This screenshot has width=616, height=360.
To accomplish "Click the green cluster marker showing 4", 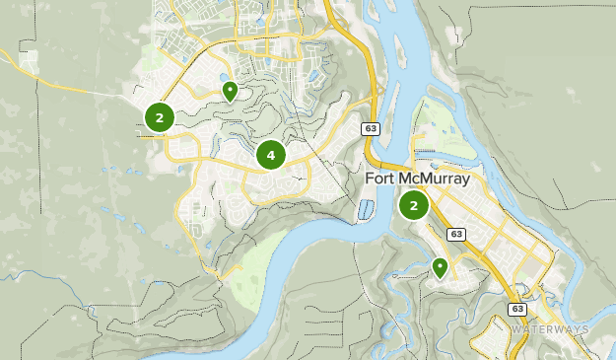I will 270,155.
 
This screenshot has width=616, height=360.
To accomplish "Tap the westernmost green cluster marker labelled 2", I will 159,118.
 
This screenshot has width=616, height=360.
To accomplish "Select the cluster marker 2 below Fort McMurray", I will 413,206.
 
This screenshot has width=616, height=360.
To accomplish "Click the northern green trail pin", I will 230,92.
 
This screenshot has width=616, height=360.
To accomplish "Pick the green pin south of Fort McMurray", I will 440,266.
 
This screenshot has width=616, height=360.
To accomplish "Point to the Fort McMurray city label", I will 418,180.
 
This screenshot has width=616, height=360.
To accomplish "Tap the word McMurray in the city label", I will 435,180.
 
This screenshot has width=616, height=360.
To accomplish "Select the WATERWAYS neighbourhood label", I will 550,328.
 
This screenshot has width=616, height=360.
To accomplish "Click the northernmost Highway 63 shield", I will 370,128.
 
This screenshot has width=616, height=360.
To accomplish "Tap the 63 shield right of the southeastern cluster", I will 455,234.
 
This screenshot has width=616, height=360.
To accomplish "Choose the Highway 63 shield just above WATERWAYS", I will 518,309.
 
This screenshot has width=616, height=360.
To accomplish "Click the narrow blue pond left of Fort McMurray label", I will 367,209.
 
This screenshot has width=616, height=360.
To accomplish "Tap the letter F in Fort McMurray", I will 370,180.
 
